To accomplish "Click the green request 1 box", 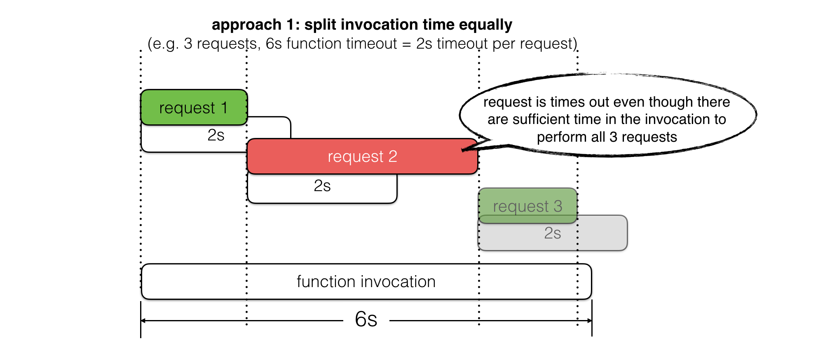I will (194, 108).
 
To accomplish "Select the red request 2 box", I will (362, 157).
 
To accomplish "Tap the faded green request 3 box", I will (527, 206).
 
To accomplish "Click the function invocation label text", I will (366, 282).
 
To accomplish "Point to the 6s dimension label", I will (366, 319).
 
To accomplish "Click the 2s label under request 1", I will (216, 135).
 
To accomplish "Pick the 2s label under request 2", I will (322, 186).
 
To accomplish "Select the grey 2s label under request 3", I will (552, 233).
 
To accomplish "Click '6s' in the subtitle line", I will (274, 44).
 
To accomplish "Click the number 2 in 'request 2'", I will (393, 157).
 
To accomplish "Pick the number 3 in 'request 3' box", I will (558, 206).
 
